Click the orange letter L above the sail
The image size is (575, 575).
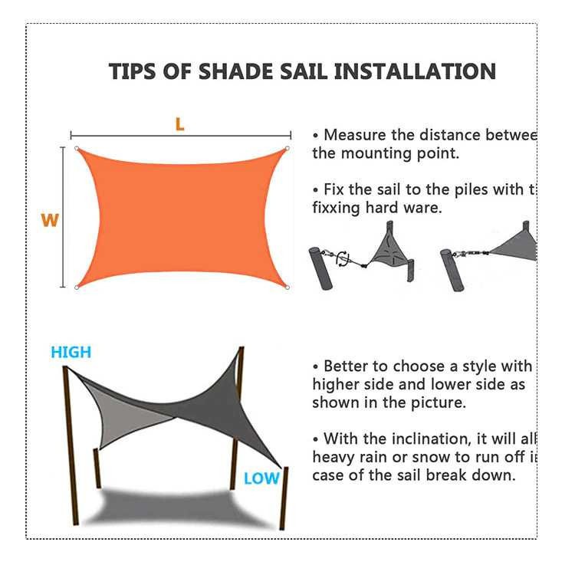tap(179, 124)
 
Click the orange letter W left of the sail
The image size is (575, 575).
tap(50, 221)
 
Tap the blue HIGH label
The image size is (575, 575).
tap(71, 353)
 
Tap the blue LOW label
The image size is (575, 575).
tap(261, 479)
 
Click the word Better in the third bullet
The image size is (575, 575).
tap(349, 366)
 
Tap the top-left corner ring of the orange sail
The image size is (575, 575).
tap(76, 149)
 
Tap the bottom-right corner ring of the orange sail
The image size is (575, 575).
tap(287, 288)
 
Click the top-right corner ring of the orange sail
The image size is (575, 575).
tap(287, 149)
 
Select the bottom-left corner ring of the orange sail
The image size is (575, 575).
tap(77, 288)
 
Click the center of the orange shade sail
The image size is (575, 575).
tap(182, 219)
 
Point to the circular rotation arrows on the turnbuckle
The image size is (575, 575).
tap(343, 258)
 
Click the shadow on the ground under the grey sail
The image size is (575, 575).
tap(176, 506)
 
